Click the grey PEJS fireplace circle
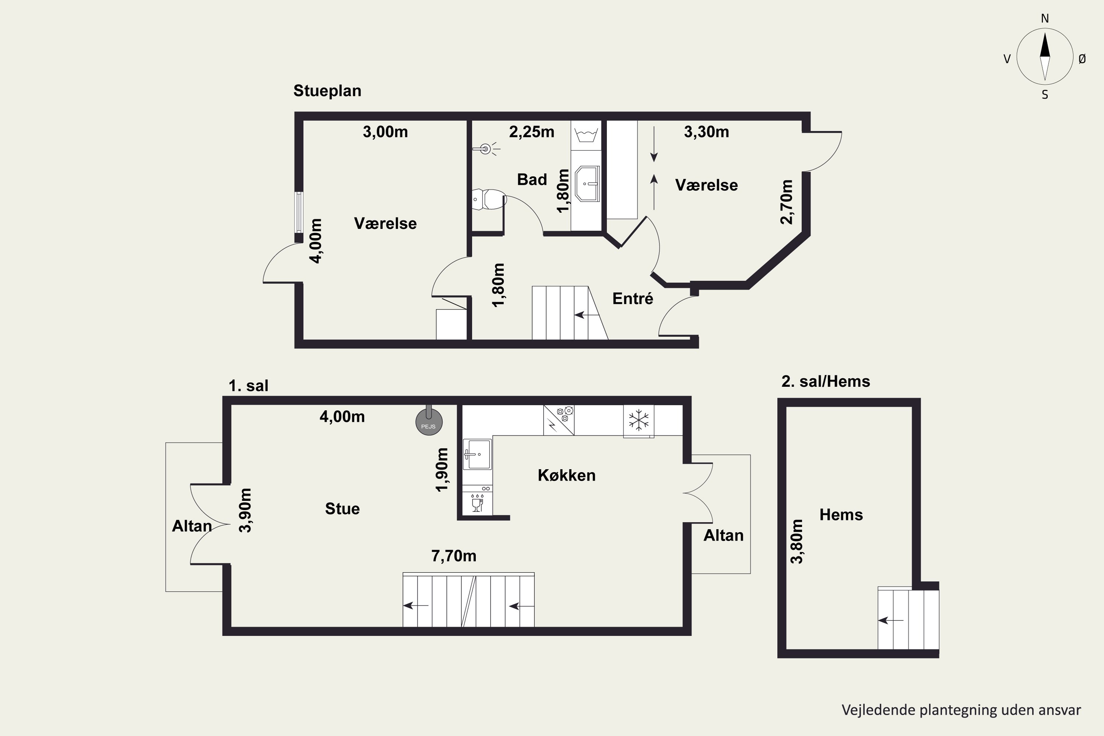point(429,421)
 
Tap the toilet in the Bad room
point(489,199)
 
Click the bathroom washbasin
point(587,184)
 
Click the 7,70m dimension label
point(453,556)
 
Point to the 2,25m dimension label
point(531,132)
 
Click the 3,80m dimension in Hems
point(797,541)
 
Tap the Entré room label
point(633,298)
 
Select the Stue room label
point(342,509)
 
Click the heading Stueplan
point(327,91)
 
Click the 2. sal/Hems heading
point(826,381)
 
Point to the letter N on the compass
point(1045,18)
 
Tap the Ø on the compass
point(1082,59)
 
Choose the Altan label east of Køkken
point(723,535)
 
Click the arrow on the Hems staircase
point(891,620)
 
